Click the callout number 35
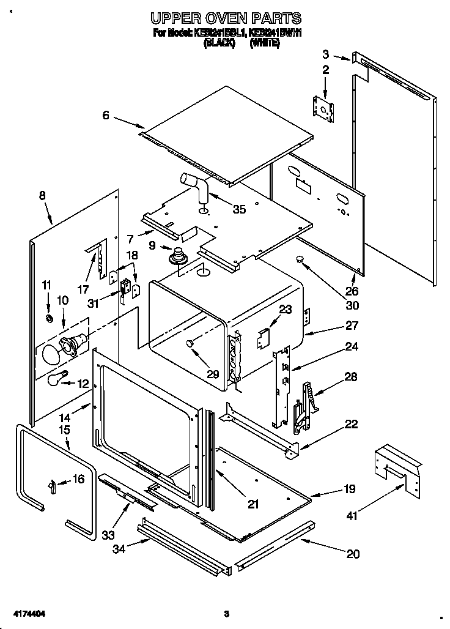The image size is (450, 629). tap(239, 209)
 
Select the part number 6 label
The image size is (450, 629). tap(106, 115)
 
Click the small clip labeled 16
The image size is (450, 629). tap(53, 485)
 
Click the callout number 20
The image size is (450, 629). tap(353, 554)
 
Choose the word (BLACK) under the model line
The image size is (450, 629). tap(219, 44)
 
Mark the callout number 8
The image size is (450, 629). tap(42, 196)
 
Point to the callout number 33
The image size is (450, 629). tap(108, 535)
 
